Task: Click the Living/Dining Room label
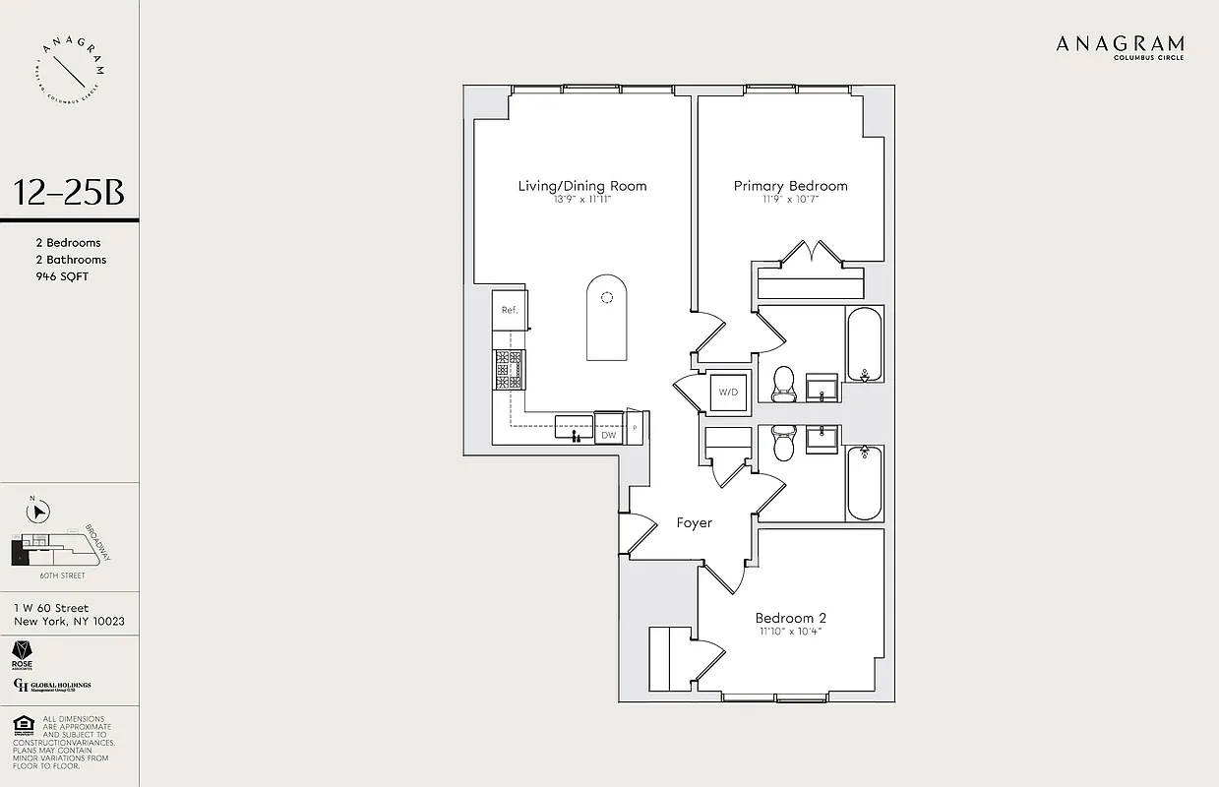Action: pyautogui.click(x=582, y=186)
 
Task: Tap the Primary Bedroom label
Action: pyautogui.click(x=790, y=186)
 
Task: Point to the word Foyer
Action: pyautogui.click(x=694, y=522)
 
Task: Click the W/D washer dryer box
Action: pyautogui.click(x=728, y=393)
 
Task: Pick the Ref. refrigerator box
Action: pyautogui.click(x=510, y=310)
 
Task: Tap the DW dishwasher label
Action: pyautogui.click(x=608, y=434)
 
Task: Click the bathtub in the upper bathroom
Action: pyautogui.click(x=865, y=344)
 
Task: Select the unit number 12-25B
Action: pyautogui.click(x=69, y=193)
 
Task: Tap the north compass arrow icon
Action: pyautogui.click(x=37, y=512)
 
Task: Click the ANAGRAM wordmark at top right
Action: pyautogui.click(x=1120, y=43)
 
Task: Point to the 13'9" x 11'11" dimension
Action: pyautogui.click(x=582, y=200)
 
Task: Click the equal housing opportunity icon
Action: pyautogui.click(x=23, y=726)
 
